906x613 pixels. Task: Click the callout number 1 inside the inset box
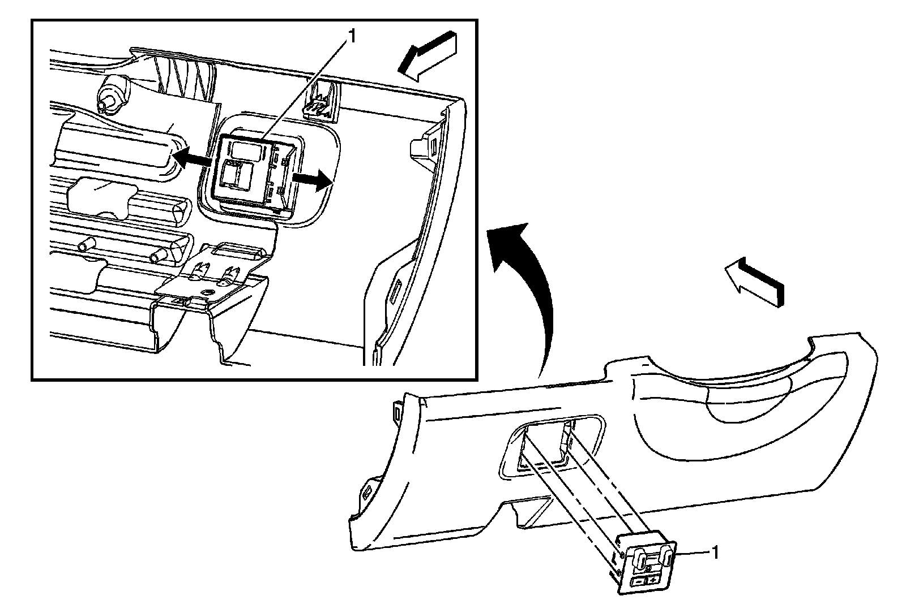coord(352,37)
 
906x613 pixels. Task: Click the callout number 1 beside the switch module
coord(716,552)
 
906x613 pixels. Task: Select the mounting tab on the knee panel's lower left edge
coord(367,490)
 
